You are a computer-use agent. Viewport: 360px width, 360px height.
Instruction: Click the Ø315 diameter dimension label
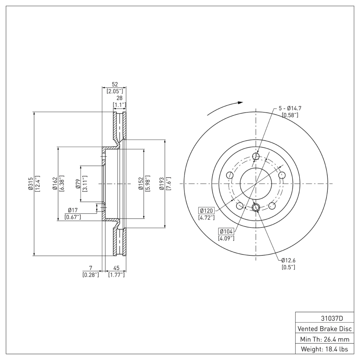pos(30,184)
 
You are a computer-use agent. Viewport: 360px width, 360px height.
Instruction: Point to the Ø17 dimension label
pos(73,210)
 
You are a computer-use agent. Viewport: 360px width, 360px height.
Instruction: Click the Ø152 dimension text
pos(140,184)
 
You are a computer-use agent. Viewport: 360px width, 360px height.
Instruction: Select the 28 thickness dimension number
pos(119,98)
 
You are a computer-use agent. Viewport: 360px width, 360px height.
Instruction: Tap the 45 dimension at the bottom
pos(116,268)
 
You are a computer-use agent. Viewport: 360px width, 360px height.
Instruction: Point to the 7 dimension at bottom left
pos(90,268)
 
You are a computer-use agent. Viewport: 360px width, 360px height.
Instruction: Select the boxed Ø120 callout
pos(207,211)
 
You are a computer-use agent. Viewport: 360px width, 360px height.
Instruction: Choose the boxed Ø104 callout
pos(227,231)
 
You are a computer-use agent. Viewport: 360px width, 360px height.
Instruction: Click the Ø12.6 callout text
pos(289,260)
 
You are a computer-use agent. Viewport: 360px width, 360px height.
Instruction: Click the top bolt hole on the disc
pos(256,157)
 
